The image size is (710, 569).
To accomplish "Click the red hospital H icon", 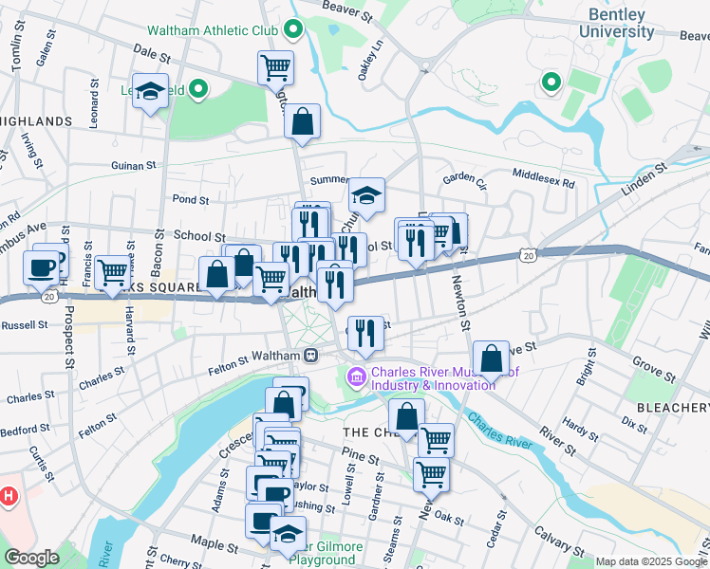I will coord(9,495).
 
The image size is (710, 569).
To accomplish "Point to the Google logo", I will coord(30,558).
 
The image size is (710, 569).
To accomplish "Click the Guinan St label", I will coord(132,165).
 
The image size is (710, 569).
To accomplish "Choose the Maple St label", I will coord(214,545).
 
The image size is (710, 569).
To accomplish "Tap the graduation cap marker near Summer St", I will coord(366,195).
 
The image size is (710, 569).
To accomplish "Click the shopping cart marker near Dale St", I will coord(275,67).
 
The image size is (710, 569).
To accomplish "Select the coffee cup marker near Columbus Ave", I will coord(43,268).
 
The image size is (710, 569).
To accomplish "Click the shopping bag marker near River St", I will coord(491,358).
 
